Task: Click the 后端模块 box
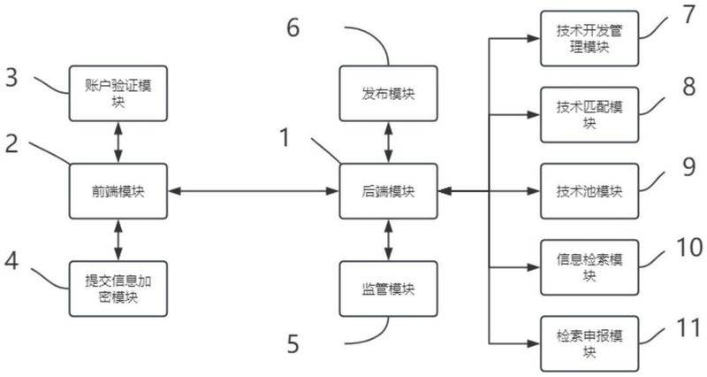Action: [x=389, y=190]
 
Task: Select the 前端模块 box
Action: [x=118, y=190]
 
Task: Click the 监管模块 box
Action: [x=389, y=289]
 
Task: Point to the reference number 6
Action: [x=293, y=26]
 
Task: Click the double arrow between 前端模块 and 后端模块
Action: [x=256, y=190]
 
